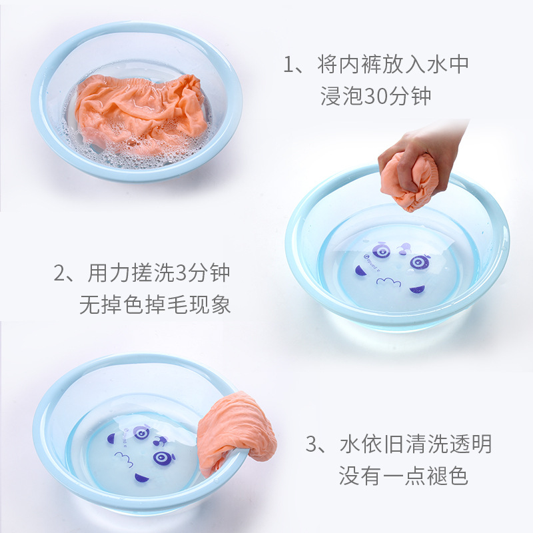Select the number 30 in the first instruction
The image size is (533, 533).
(x=376, y=97)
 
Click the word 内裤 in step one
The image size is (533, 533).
(x=365, y=65)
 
